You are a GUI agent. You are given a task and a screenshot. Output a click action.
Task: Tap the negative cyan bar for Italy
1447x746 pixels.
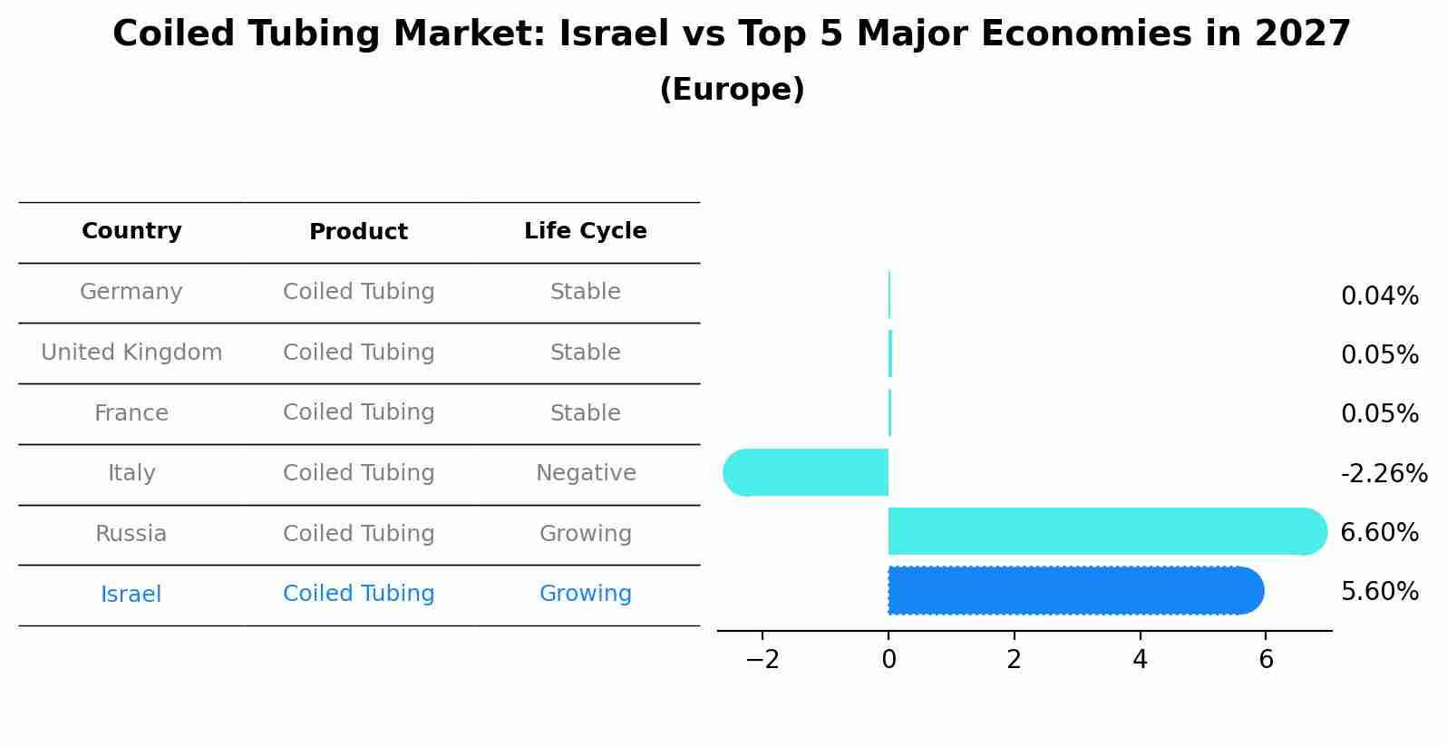[x=807, y=472]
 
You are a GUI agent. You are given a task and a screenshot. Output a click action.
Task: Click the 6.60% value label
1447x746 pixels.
[x=1379, y=532]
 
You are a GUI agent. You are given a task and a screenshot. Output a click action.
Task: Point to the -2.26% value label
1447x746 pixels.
[x=1384, y=473]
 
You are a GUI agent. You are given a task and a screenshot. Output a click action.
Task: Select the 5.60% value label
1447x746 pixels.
[x=1379, y=591]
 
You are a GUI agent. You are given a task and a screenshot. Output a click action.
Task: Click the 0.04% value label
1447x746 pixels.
[x=1379, y=295]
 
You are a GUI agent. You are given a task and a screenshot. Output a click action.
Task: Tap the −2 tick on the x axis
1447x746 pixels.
[x=762, y=659]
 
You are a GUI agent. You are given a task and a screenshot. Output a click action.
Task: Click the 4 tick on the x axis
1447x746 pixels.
[x=1140, y=659]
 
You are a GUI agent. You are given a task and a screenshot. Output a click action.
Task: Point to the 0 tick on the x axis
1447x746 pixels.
[x=889, y=659]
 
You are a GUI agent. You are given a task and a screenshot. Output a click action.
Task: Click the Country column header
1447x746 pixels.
[x=131, y=231]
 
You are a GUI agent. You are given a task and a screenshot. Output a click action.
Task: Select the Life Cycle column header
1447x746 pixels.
[x=585, y=231]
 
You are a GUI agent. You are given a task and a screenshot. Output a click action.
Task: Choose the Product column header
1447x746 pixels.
[x=358, y=232]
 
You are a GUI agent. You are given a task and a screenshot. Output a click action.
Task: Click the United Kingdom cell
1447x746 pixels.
[x=131, y=353]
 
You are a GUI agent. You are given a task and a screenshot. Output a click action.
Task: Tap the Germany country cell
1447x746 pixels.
[x=131, y=292]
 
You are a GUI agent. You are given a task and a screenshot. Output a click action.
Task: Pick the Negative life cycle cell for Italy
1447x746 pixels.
[x=586, y=473]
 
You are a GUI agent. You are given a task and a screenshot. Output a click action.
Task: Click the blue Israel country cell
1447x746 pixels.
[x=131, y=595]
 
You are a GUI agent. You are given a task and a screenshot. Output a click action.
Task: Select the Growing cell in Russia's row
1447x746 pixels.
[x=585, y=534]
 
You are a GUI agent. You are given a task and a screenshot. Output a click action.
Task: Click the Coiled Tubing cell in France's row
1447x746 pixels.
[x=358, y=412]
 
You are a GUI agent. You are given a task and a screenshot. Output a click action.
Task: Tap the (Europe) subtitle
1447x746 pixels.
[x=732, y=90]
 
